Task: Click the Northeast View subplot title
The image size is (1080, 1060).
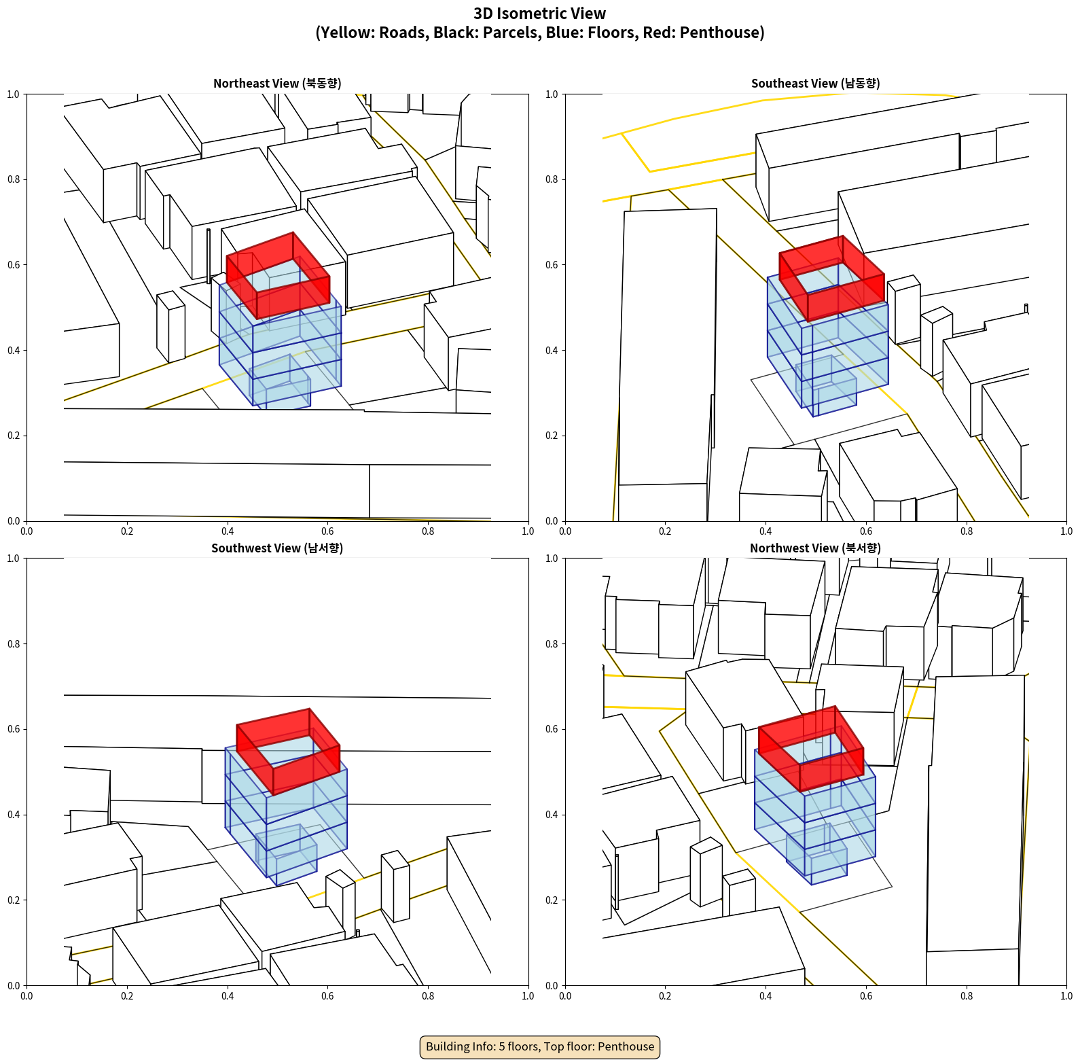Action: [277, 84]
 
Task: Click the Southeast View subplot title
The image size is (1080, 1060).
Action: [815, 84]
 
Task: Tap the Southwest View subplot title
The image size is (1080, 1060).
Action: [277, 548]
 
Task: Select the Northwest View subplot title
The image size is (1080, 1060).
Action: [815, 548]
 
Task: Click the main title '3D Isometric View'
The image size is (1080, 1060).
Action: [540, 14]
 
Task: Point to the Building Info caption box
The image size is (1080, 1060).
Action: [540, 1046]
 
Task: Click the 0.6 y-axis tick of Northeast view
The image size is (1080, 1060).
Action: [14, 265]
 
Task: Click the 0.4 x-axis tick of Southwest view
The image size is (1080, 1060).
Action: [228, 996]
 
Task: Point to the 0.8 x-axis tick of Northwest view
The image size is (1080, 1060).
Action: [967, 996]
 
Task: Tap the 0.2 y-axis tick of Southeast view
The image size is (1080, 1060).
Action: [552, 436]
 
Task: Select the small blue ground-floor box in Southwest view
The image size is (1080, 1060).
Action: [286, 855]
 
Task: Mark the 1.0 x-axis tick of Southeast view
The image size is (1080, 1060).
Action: [1066, 531]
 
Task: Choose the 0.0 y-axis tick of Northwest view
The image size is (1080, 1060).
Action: [552, 985]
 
